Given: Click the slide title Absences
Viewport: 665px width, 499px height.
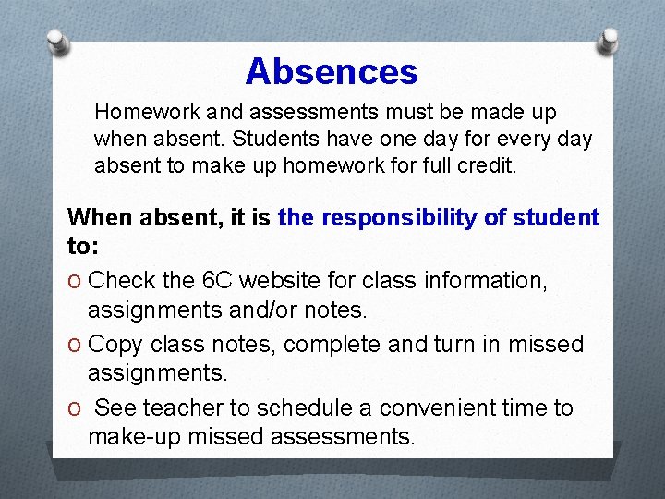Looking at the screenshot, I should click(332, 72).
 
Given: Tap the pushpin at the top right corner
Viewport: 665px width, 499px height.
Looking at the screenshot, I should click(610, 40).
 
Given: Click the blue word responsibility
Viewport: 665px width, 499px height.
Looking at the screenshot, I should click(405, 218).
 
